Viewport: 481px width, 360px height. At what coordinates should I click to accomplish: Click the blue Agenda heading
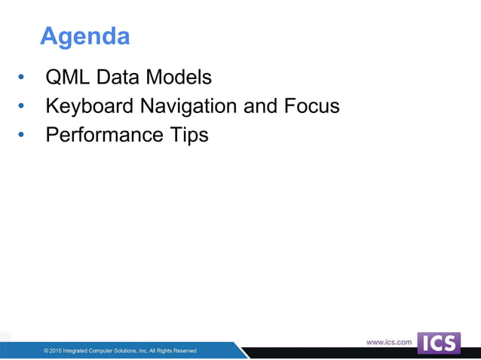click(84, 35)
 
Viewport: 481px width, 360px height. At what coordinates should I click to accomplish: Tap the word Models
click(179, 78)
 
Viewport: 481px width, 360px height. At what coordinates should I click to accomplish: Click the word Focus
click(312, 106)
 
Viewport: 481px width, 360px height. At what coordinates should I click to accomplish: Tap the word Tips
click(188, 136)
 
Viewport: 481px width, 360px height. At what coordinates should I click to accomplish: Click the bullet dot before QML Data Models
click(21, 78)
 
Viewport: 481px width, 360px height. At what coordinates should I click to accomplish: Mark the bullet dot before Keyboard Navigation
click(21, 107)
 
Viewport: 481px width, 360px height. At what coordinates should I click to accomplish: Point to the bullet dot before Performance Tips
click(21, 136)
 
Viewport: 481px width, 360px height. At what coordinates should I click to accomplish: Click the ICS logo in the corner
click(439, 343)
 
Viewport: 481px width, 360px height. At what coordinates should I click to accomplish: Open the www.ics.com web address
click(389, 342)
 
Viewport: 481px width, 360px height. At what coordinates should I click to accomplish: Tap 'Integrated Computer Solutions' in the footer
click(98, 351)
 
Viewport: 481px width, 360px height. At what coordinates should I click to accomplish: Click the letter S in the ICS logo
click(450, 343)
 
